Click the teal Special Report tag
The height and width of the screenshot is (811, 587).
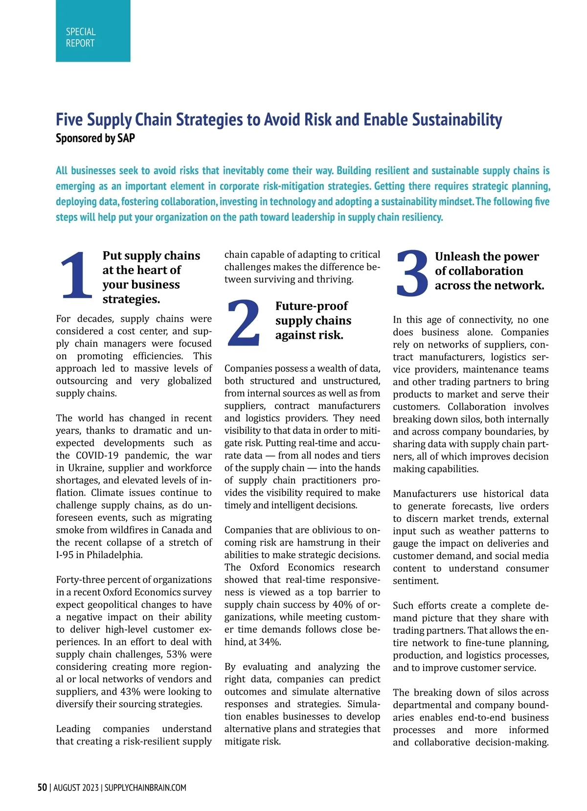[93, 31]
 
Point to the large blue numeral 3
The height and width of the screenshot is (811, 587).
[412, 273]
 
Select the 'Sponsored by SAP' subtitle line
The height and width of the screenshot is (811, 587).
[95, 139]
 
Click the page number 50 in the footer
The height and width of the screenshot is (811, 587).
[43, 788]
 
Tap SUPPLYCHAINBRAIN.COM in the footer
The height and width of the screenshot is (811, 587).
[145, 788]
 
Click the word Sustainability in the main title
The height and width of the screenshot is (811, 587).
[457, 120]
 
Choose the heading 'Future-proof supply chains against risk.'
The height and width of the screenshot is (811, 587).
[313, 321]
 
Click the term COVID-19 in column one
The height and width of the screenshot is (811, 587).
[97, 455]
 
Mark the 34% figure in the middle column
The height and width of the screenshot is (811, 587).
[270, 642]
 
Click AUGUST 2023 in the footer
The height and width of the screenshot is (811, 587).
[76, 788]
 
